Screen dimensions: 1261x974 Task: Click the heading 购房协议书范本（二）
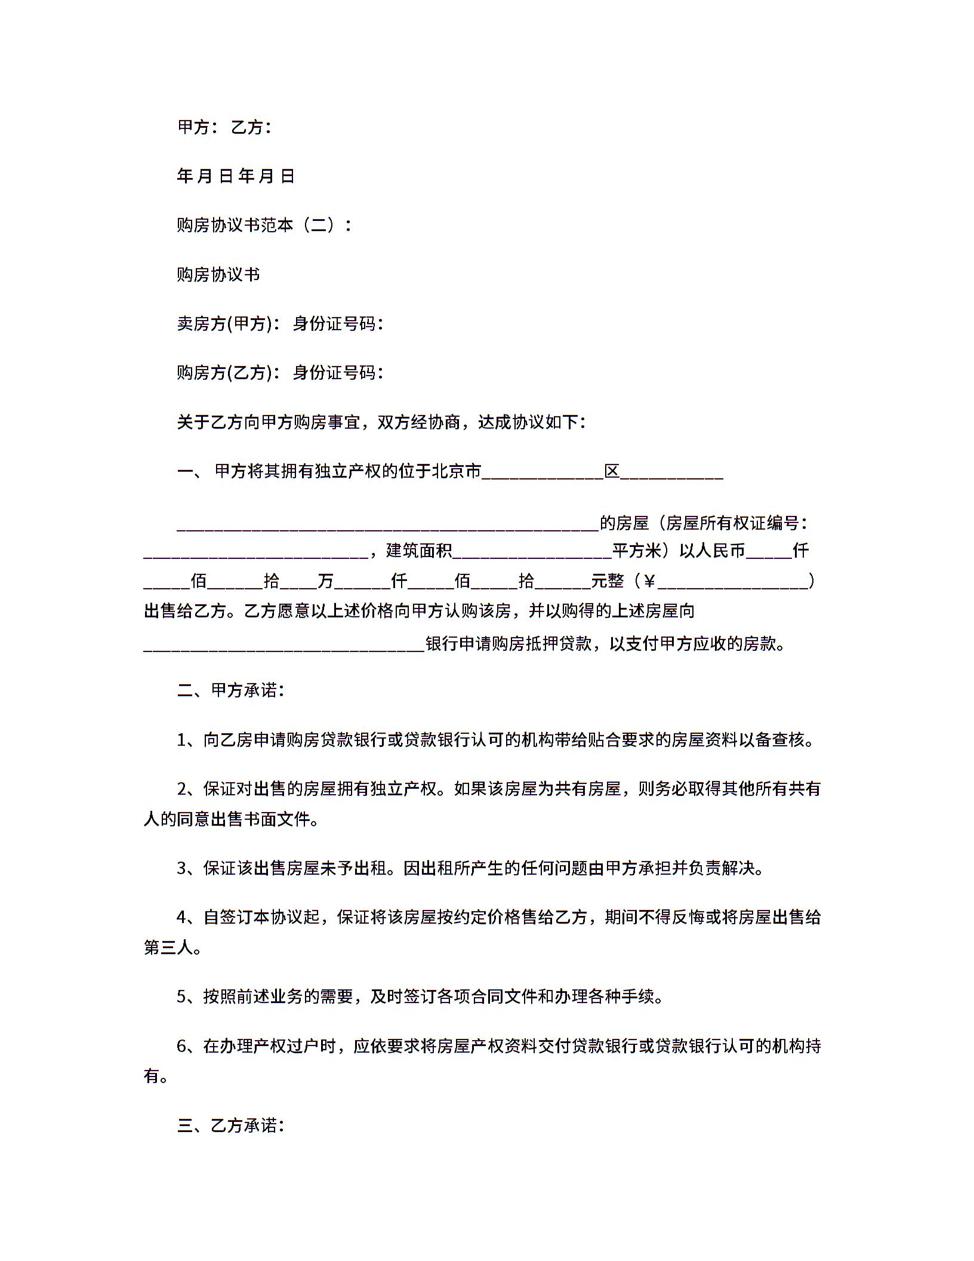click(x=264, y=225)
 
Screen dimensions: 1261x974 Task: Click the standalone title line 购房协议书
click(x=218, y=275)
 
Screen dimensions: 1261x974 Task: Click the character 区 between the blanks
click(x=612, y=472)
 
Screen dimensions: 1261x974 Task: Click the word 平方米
click(x=637, y=550)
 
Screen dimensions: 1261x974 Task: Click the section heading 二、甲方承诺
click(x=230, y=691)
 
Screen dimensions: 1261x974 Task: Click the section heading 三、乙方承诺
click(x=230, y=1126)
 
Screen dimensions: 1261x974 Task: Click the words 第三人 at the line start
click(x=168, y=948)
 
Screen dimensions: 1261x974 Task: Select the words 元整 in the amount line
click(x=608, y=581)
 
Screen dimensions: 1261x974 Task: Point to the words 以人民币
click(x=712, y=550)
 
